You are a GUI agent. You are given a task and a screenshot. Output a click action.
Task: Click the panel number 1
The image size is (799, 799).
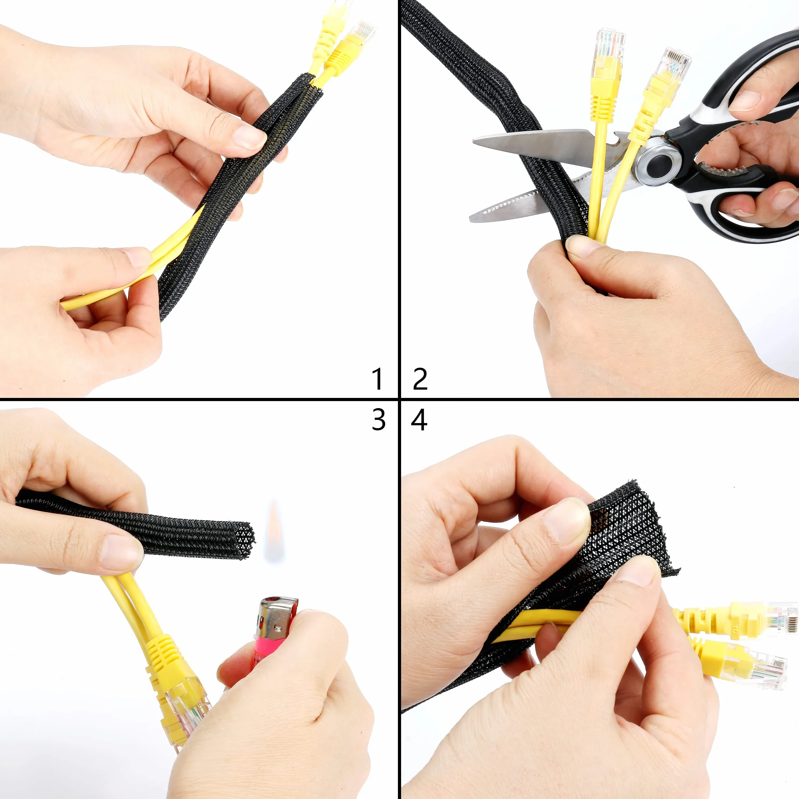pyautogui.click(x=377, y=379)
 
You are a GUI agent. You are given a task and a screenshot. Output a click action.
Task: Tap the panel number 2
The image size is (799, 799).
pyautogui.click(x=420, y=379)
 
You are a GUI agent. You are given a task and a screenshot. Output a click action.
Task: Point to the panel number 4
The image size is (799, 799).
pyautogui.click(x=419, y=420)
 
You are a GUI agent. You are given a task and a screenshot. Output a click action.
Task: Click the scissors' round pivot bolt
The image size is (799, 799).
pyautogui.click(x=659, y=163)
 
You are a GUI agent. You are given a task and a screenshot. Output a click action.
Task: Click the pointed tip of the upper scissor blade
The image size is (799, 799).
pyautogui.click(x=474, y=141)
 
